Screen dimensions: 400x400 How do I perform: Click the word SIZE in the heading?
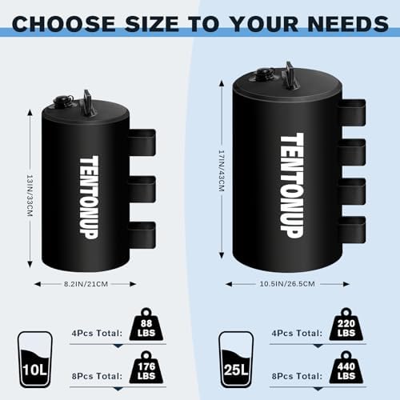(x=152, y=24)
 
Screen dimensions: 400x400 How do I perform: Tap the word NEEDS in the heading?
(x=348, y=24)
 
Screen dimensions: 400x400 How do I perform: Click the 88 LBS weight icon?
(x=146, y=325)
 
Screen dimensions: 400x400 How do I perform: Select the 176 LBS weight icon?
(x=146, y=367)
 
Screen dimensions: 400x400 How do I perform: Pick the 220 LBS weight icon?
(x=346, y=325)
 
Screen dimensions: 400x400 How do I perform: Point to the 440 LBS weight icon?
(x=346, y=367)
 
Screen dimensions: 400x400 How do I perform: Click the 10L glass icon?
(x=34, y=359)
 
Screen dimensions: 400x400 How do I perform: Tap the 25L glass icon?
(x=236, y=359)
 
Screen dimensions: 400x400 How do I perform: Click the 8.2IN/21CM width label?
(x=86, y=284)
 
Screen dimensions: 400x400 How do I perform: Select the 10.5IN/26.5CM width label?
(x=287, y=284)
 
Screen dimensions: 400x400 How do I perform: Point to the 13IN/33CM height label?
(x=30, y=195)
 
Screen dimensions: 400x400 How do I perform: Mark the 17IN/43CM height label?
(x=222, y=170)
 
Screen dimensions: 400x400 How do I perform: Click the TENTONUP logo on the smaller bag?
(x=89, y=198)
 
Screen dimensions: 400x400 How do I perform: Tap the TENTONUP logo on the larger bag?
(x=292, y=186)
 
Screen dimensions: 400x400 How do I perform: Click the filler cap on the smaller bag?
(x=62, y=101)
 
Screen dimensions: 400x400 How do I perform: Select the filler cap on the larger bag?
(x=266, y=73)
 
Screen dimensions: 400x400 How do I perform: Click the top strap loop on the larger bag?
(x=353, y=113)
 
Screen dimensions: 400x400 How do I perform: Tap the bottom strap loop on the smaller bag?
(x=142, y=235)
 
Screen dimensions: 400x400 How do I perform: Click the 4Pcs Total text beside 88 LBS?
(x=97, y=333)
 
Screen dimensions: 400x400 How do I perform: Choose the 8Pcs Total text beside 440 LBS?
(x=297, y=376)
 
